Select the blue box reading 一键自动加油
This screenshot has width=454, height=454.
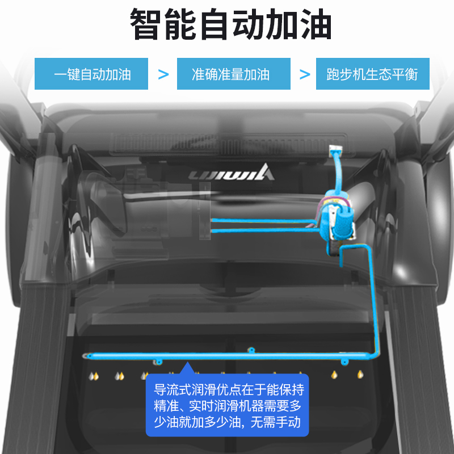[91, 74]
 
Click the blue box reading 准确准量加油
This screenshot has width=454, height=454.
[230, 74]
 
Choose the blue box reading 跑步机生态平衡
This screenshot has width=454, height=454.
[372, 74]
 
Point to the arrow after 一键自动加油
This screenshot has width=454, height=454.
[163, 74]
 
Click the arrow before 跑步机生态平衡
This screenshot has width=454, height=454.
[305, 74]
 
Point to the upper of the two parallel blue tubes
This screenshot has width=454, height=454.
[264, 220]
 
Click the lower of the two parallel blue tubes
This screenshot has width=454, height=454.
[264, 230]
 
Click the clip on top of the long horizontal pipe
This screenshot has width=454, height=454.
[250, 349]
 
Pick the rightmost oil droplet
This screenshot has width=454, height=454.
[360, 375]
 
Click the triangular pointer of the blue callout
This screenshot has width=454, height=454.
[184, 369]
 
